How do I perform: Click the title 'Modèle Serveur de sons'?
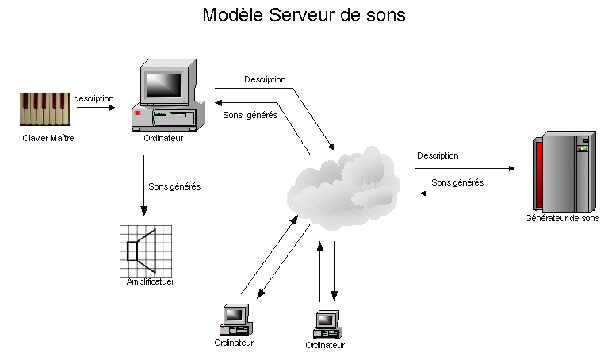point(304,15)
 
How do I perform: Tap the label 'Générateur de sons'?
point(562,218)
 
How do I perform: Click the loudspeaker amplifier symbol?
point(146,250)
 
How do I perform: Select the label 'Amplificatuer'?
point(151,281)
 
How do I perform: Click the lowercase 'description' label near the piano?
point(94,98)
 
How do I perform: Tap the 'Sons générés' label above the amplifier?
point(174,187)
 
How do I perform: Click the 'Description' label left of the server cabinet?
point(438,155)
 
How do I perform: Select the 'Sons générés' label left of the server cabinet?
point(457,182)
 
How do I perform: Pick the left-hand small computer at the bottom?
point(235,320)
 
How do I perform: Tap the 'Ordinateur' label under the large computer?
point(164,137)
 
